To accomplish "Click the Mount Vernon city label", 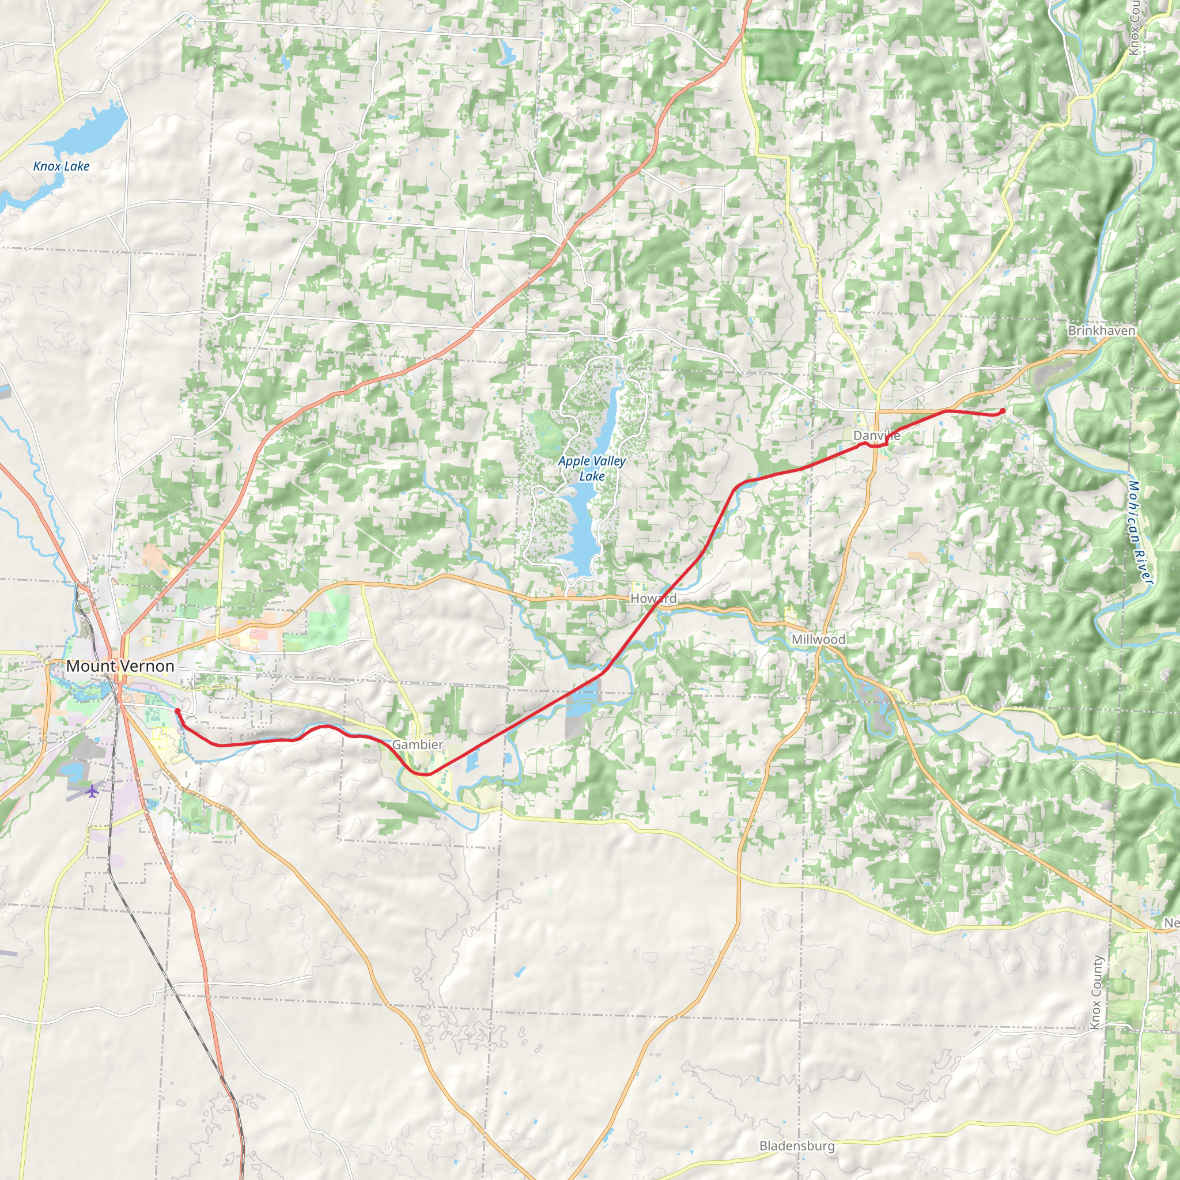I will [120, 667].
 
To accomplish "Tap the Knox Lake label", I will [61, 166].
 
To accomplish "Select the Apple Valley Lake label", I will [591, 468].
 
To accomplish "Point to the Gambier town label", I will [418, 744].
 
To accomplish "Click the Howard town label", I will [653, 599].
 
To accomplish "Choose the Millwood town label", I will [818, 640].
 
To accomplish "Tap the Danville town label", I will [876, 436].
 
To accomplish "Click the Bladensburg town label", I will [796, 1146].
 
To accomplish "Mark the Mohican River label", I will [1140, 532].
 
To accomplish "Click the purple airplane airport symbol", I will [92, 792].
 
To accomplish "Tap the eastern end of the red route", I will [1003, 411].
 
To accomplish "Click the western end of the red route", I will [177, 711].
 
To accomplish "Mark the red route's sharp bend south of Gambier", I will [425, 774].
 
